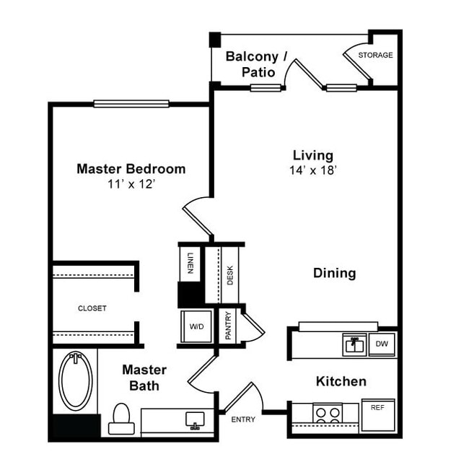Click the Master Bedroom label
[131, 169]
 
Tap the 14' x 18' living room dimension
[312, 170]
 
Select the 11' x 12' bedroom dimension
[131, 184]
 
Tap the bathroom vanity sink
[194, 419]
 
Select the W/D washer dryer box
[197, 327]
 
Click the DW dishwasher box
[382, 344]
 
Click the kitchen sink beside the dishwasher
[354, 344]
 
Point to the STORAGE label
[376, 56]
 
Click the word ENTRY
[243, 419]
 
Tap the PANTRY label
[229, 326]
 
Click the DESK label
[230, 275]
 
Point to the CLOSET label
[92, 308]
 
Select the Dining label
[334, 273]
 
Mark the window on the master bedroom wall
[131, 103]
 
